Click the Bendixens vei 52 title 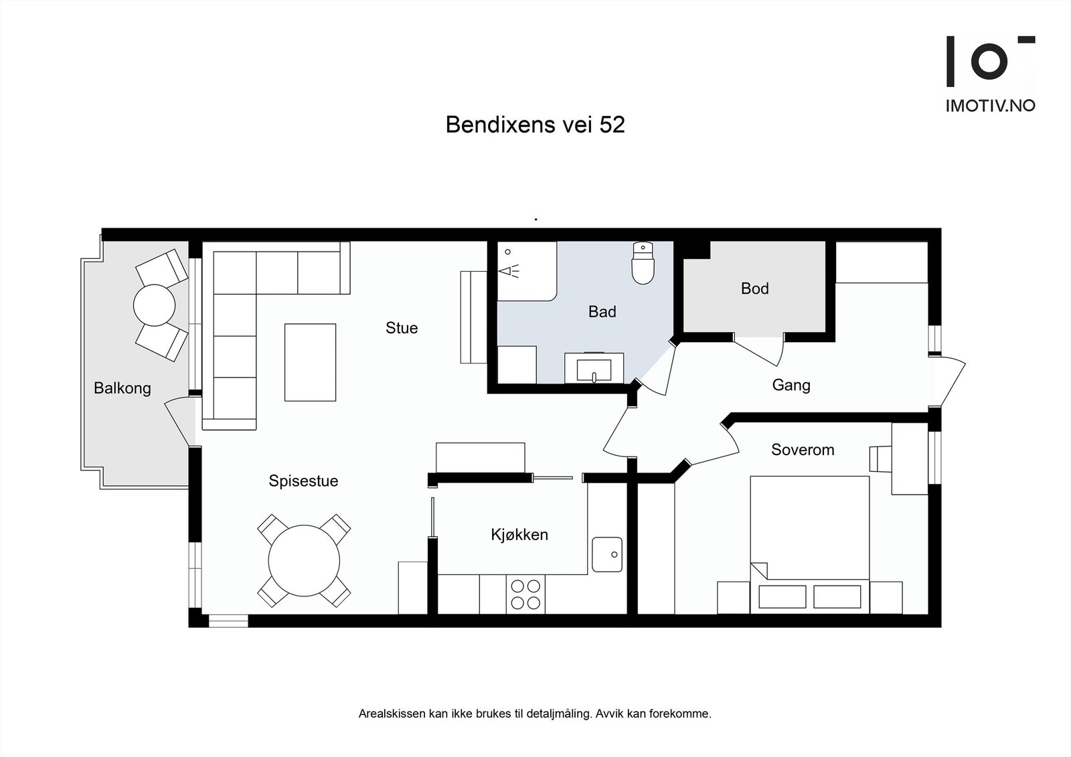[x=535, y=125]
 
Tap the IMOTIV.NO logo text [x=990, y=106]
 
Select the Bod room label [x=754, y=288]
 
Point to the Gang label [x=791, y=385]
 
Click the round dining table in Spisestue [x=304, y=561]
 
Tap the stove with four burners [x=525, y=594]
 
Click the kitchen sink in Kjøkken [x=607, y=554]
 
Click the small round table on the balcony [x=155, y=305]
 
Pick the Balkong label [x=122, y=388]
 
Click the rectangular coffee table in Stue [x=310, y=362]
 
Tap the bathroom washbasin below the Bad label [x=594, y=369]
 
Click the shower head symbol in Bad [x=509, y=270]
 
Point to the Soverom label [x=803, y=450]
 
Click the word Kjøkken [x=519, y=534]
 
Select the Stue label [x=402, y=328]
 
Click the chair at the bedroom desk [x=880, y=459]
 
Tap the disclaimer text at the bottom [x=535, y=713]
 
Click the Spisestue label [x=303, y=481]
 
